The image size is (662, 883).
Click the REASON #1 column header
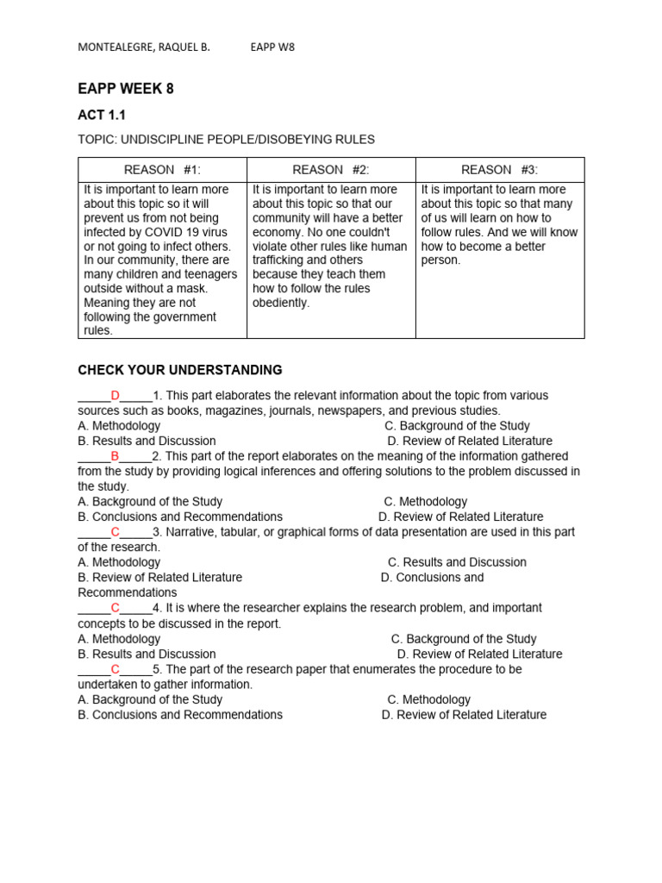click(x=162, y=170)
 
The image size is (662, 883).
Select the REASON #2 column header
click(x=331, y=170)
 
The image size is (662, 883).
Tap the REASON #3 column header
click(x=500, y=170)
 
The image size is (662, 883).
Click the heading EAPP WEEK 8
click(x=126, y=89)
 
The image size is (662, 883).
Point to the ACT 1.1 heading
click(x=102, y=115)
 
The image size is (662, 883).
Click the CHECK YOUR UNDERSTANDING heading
click(x=180, y=370)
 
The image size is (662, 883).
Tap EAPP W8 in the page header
click(x=272, y=47)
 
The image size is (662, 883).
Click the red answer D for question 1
click(x=115, y=396)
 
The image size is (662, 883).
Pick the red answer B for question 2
click(x=115, y=456)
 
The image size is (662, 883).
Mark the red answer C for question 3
click(x=115, y=532)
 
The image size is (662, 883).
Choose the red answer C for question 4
click(x=115, y=608)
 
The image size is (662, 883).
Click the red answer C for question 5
click(x=115, y=669)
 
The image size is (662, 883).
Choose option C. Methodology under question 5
click(x=428, y=699)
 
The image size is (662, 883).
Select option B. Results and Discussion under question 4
click(x=147, y=654)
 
